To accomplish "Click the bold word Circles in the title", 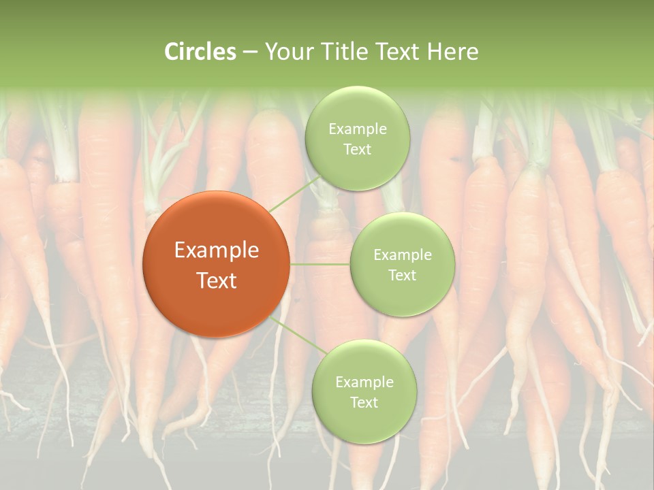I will click(x=200, y=52).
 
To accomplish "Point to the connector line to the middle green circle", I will click(x=320, y=264).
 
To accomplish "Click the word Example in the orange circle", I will click(x=217, y=250).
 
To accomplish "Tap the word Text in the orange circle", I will click(x=217, y=280).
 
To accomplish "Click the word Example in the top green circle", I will click(x=358, y=129).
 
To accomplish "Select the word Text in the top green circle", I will click(x=357, y=149).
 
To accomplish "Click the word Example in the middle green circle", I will click(x=403, y=255).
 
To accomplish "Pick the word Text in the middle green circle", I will click(x=402, y=275).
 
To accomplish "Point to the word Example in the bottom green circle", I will click(x=364, y=382).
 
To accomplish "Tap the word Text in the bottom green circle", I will click(x=364, y=402).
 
